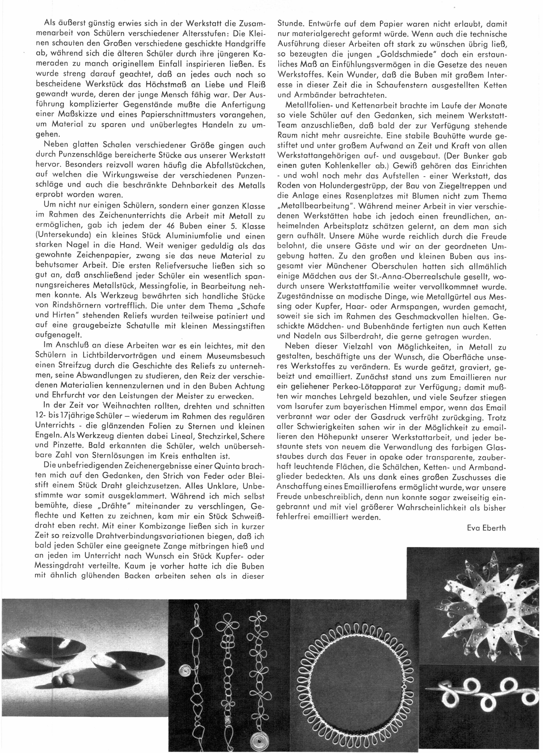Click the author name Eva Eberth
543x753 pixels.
(486, 528)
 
